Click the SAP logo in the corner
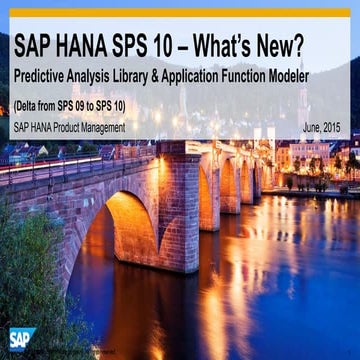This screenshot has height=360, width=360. (21, 339)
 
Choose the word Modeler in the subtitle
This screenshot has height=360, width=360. (318, 76)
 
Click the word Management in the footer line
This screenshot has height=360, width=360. (99, 127)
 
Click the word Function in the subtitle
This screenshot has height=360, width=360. (261, 76)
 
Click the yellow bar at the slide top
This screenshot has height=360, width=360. (180, 13)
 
